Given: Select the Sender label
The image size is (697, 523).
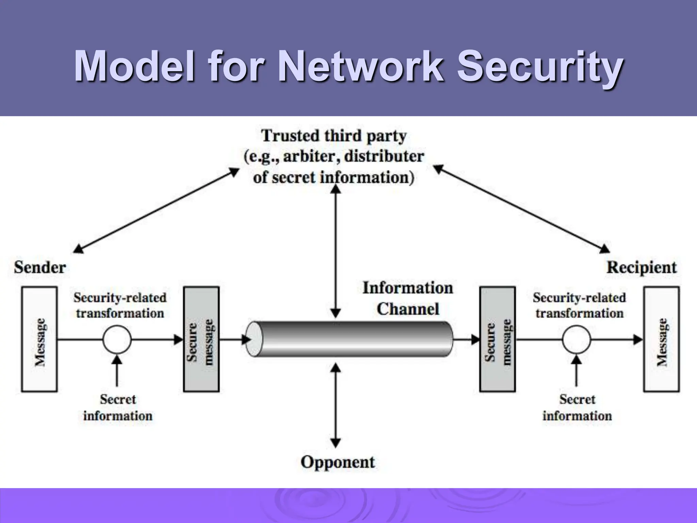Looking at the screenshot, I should click(x=40, y=268).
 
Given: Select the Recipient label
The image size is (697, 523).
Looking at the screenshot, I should click(x=642, y=268).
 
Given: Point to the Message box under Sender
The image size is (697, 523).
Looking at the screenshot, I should click(x=39, y=339).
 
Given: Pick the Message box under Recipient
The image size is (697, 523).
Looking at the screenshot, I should click(x=661, y=339).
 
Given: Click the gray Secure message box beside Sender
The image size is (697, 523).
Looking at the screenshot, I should click(x=201, y=339).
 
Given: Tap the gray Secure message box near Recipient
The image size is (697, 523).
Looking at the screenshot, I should click(x=498, y=339).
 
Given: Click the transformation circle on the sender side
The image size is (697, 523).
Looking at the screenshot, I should click(x=117, y=340).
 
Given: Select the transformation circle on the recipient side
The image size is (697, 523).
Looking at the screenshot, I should click(x=576, y=340).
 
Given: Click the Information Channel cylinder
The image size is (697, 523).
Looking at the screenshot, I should click(x=351, y=339).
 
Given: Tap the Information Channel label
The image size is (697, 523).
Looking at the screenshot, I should click(x=408, y=299).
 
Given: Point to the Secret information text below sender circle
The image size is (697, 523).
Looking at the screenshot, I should click(x=118, y=408).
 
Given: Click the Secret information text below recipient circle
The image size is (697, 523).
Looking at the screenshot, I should click(x=577, y=408).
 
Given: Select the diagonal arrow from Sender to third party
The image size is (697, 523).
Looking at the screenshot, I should click(x=157, y=211).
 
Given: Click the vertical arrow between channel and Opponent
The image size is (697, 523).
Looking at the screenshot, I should click(x=336, y=405).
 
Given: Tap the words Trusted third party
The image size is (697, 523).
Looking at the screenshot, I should click(x=334, y=136).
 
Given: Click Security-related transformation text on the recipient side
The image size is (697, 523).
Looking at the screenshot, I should click(x=579, y=305).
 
